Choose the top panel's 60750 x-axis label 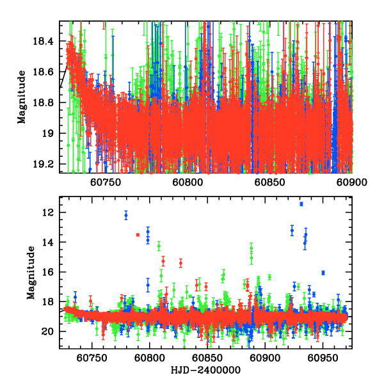coord(105,181)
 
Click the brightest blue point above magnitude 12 coord(301,204)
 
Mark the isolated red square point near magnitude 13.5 coord(138,235)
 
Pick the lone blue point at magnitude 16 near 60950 coord(323,273)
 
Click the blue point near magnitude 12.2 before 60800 coord(126,216)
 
